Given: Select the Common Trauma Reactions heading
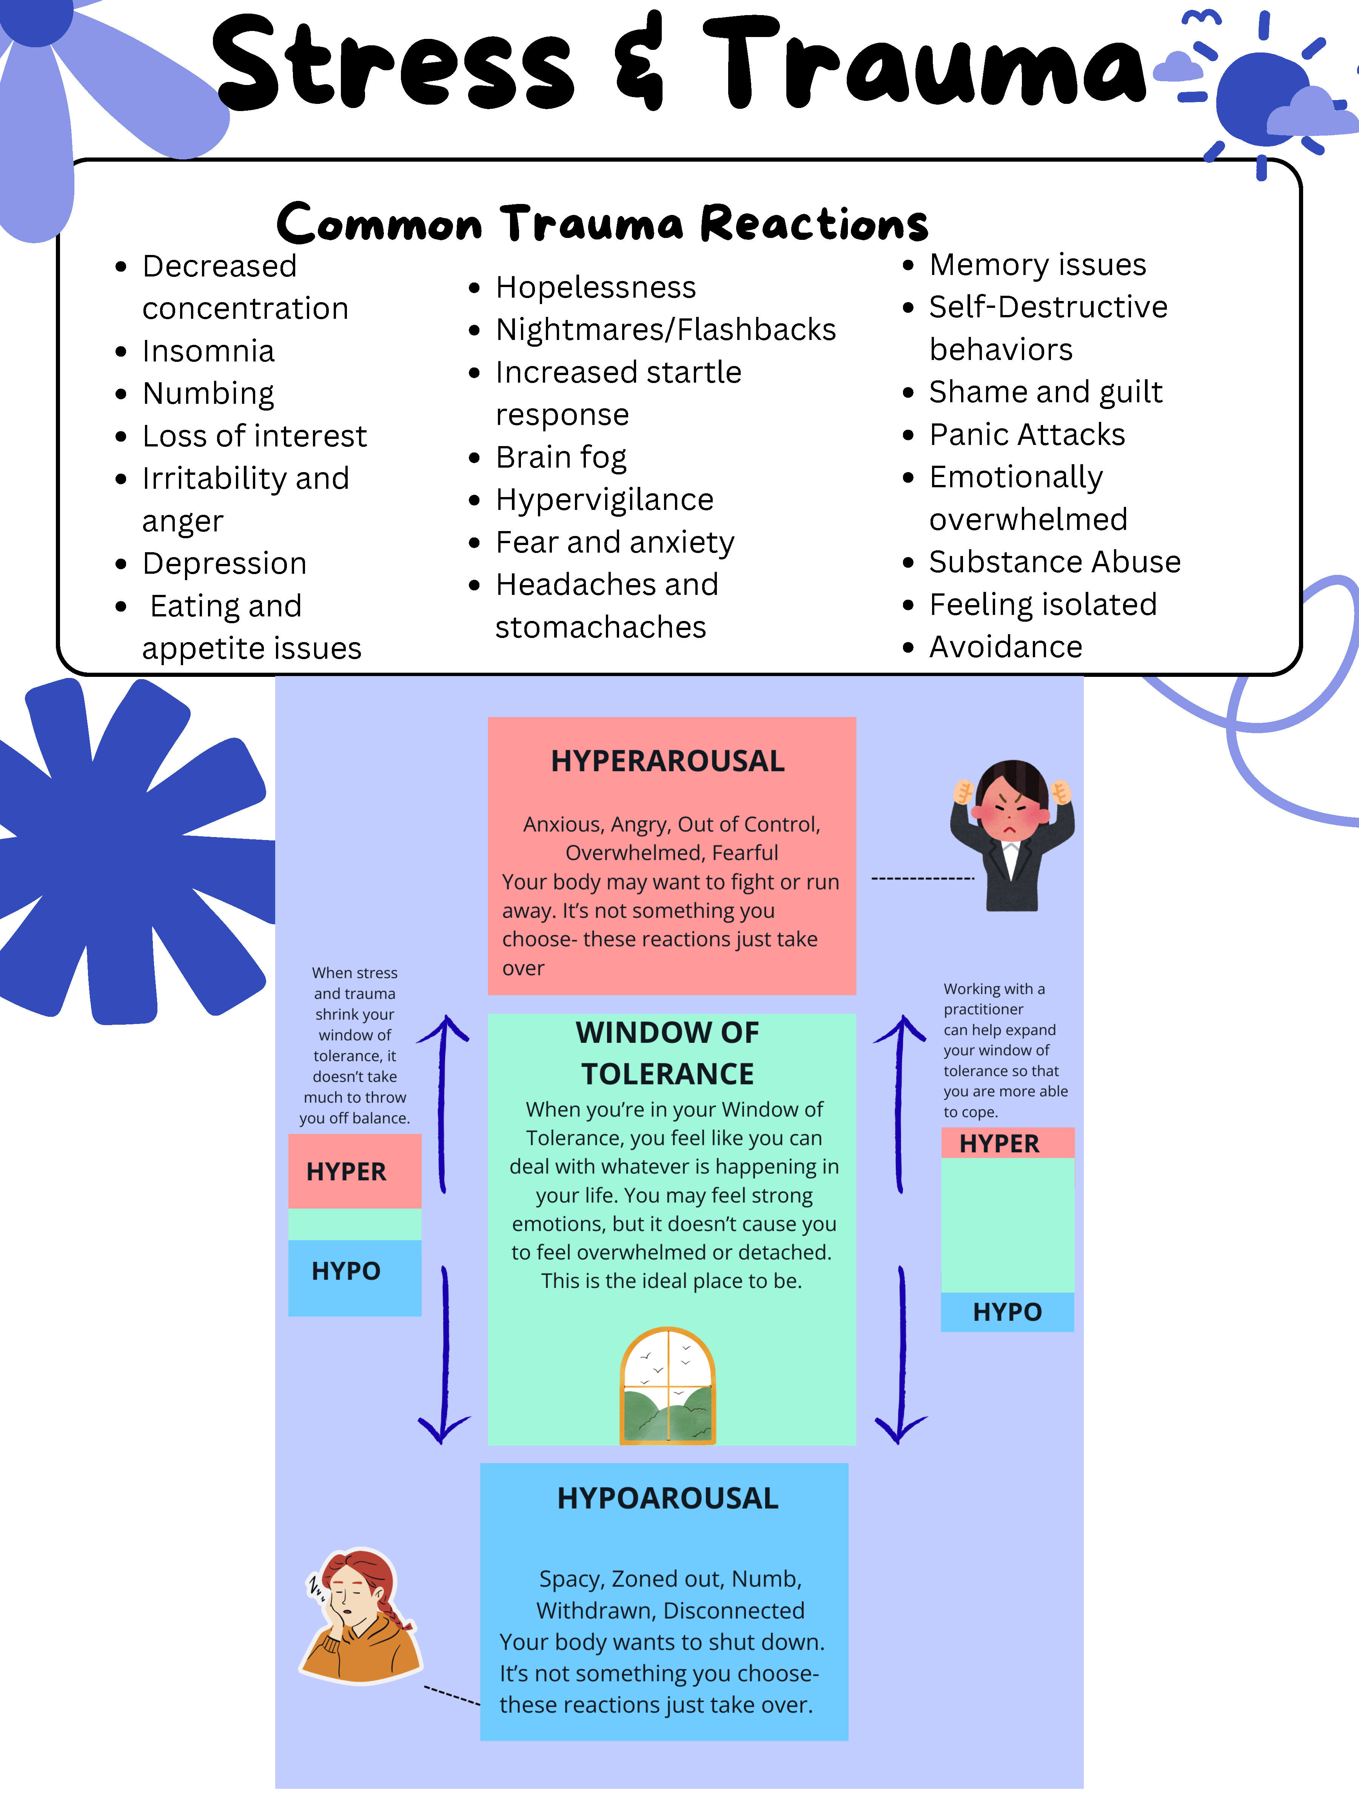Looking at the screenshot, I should [602, 223].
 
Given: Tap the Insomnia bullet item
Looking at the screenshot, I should [208, 351].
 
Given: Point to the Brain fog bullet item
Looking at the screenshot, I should [561, 457].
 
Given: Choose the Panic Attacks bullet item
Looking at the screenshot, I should [1026, 434].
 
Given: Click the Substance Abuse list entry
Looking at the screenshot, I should [1054, 562].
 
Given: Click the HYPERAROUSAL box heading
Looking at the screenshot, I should [668, 761].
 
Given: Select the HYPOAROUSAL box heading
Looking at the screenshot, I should [668, 1498].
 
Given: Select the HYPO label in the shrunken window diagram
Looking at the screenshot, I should [346, 1271].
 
